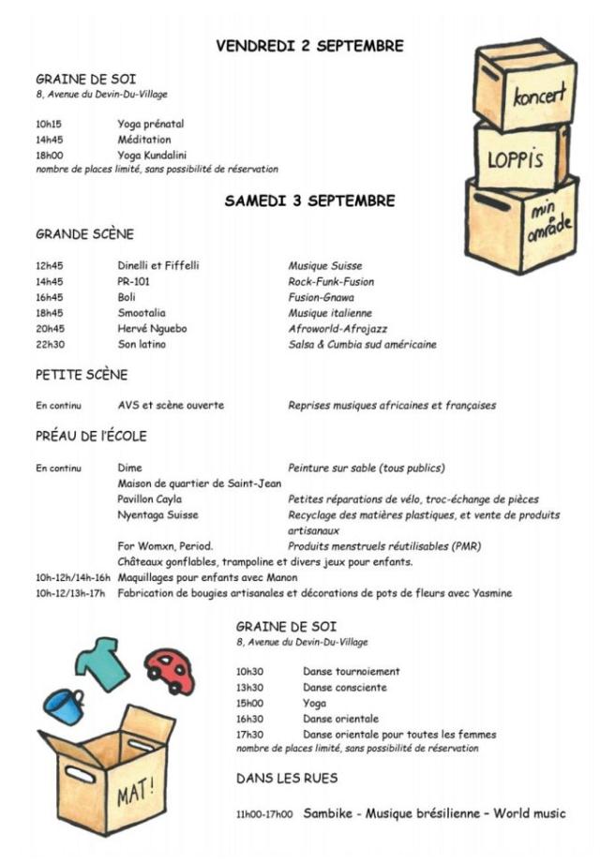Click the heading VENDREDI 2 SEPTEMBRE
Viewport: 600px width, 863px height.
tap(309, 46)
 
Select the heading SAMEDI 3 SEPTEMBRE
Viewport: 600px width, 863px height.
tap(309, 201)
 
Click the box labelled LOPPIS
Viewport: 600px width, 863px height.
tap(517, 156)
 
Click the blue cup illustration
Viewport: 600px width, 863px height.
tap(64, 706)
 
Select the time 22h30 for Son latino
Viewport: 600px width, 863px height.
tap(50, 345)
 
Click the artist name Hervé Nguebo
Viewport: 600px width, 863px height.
tap(150, 329)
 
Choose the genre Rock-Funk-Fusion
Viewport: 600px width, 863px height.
tap(331, 281)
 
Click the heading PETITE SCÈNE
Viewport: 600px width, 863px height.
tap(82, 375)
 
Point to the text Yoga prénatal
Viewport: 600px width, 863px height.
tap(150, 124)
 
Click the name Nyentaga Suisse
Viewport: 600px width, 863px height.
tap(157, 515)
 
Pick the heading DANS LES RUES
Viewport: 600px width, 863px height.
tap(287, 778)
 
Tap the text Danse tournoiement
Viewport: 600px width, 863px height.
tap(351, 671)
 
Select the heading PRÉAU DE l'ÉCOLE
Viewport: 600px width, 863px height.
tap(91, 436)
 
